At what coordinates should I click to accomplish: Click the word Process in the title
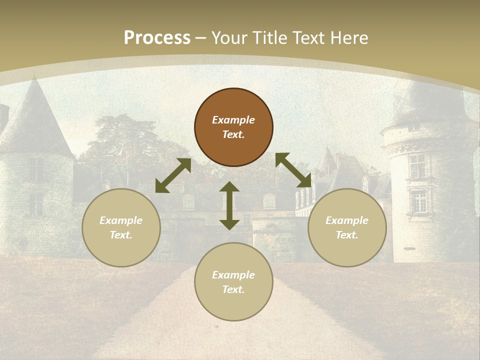(x=157, y=38)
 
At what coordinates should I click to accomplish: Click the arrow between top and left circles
(x=173, y=175)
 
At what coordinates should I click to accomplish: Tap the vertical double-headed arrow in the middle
(x=229, y=205)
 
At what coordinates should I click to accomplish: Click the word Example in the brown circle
(x=233, y=120)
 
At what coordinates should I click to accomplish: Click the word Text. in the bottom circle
(x=233, y=289)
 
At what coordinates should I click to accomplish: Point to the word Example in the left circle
(x=121, y=220)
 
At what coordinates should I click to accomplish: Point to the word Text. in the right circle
(x=347, y=235)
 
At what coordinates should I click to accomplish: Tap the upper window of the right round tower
(x=417, y=165)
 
